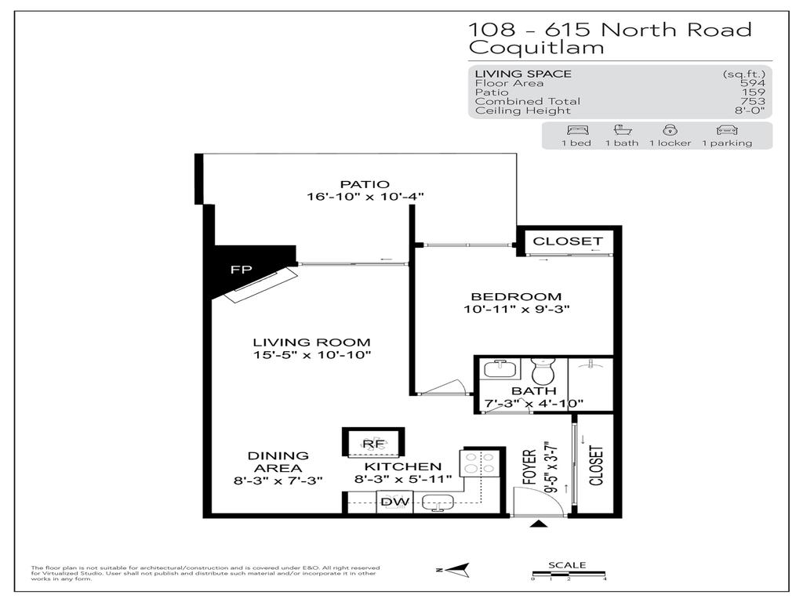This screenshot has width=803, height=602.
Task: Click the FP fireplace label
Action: [241, 269]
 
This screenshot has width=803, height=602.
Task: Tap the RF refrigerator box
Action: [372, 444]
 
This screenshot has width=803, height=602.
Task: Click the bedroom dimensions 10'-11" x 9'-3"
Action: [515, 310]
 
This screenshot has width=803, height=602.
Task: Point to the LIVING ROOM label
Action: [311, 343]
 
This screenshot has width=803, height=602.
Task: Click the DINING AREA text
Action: [278, 462]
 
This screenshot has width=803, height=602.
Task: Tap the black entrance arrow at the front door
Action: [539, 524]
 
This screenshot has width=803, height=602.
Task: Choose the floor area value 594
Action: [756, 83]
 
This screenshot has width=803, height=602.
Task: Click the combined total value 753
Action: [754, 101]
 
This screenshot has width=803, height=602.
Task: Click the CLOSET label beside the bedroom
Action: [568, 241]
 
